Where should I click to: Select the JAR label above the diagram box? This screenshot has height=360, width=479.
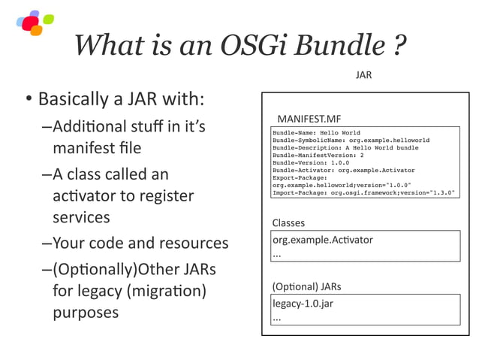[x=363, y=75]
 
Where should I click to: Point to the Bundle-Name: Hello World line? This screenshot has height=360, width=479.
[x=316, y=133]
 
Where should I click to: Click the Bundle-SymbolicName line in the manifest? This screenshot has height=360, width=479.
[x=351, y=141]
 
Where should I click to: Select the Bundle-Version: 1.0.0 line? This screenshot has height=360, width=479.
[x=312, y=163]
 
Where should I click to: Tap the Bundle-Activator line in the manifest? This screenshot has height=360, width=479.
[x=343, y=171]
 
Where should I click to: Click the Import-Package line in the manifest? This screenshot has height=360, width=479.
[x=363, y=193]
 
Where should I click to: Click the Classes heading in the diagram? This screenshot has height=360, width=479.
[x=288, y=223]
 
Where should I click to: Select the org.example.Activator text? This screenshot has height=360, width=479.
[x=322, y=240]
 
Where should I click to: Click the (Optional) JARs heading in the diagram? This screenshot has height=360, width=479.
[x=306, y=286]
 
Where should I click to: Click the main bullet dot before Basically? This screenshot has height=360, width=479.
[x=27, y=101]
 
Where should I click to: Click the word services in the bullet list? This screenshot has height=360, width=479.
[x=81, y=218]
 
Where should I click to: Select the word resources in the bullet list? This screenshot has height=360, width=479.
[x=192, y=243]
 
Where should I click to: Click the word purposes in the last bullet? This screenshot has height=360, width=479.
[x=86, y=313]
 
